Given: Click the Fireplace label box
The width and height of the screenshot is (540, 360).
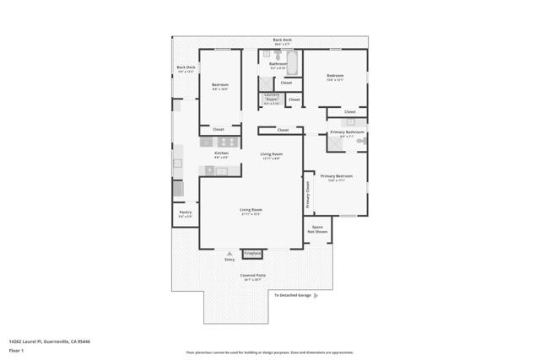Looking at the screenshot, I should (252, 253).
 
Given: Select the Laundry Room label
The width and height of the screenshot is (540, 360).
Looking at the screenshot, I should (271, 97).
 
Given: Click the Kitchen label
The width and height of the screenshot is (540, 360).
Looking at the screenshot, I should (221, 153).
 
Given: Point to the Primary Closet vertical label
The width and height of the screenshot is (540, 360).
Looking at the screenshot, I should (309, 196).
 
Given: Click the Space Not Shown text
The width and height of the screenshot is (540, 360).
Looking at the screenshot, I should (317, 228).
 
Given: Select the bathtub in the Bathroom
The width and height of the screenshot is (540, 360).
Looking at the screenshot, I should (292, 62).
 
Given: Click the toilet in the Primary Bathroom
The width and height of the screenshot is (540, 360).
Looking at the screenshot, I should (361, 142).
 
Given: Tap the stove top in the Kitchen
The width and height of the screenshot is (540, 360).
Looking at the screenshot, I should (208, 143).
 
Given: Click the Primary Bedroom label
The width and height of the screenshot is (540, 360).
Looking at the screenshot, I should (336, 177).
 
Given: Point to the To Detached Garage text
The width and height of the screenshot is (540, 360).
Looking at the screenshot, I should (293, 295).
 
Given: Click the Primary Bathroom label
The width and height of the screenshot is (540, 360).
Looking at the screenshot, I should (347, 132).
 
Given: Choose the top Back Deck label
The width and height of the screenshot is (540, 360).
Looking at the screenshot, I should (282, 40).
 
